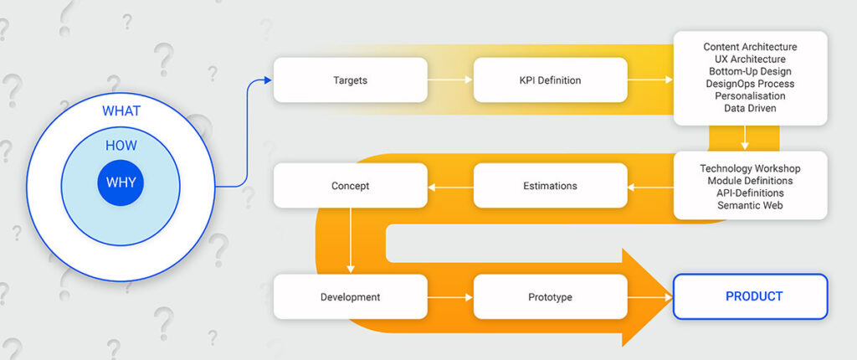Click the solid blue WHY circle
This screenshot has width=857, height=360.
tap(121, 183)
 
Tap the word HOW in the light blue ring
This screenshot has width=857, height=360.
tap(121, 146)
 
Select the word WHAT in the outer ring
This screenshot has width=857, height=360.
tap(121, 111)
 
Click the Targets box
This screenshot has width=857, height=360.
tap(351, 80)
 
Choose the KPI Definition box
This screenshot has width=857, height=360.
tap(551, 80)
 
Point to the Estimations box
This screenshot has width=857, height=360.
tap(551, 186)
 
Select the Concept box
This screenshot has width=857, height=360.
tap(351, 186)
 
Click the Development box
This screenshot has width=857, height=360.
tap(351, 297)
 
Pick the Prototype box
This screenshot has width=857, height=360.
tap(551, 297)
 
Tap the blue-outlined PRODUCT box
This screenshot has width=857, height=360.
tap(751, 296)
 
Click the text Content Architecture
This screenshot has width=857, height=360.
tap(751, 47)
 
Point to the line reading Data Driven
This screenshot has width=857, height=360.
tap(751, 108)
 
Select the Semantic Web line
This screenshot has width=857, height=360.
tap(751, 205)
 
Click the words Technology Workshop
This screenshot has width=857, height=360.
tap(751, 168)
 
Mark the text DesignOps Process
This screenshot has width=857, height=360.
tap(751, 84)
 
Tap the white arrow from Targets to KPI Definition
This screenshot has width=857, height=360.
tap(449, 80)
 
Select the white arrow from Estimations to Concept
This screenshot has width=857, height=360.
tap(450, 187)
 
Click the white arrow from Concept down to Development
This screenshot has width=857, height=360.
tap(351, 241)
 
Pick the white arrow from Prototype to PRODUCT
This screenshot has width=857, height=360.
tap(649, 298)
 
